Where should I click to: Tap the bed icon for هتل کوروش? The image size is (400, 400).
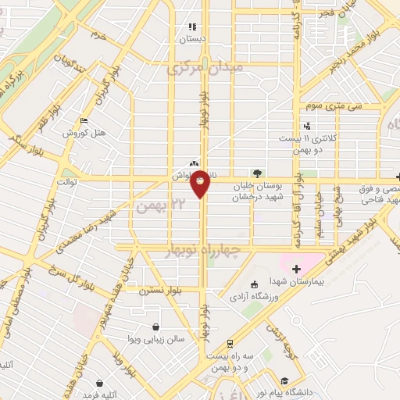[84, 120]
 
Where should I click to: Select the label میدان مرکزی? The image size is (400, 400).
[205, 70]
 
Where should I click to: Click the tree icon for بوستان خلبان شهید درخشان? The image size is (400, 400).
[258, 173]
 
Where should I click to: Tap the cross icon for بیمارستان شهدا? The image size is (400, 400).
[296, 269]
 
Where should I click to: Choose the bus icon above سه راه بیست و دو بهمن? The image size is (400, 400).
[230, 343]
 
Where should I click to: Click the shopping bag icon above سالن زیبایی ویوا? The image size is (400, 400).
[157, 327]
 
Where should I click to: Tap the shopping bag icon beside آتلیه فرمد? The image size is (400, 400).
[100, 384]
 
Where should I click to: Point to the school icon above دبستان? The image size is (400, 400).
[193, 27]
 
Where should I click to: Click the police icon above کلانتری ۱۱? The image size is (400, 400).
[307, 125]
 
